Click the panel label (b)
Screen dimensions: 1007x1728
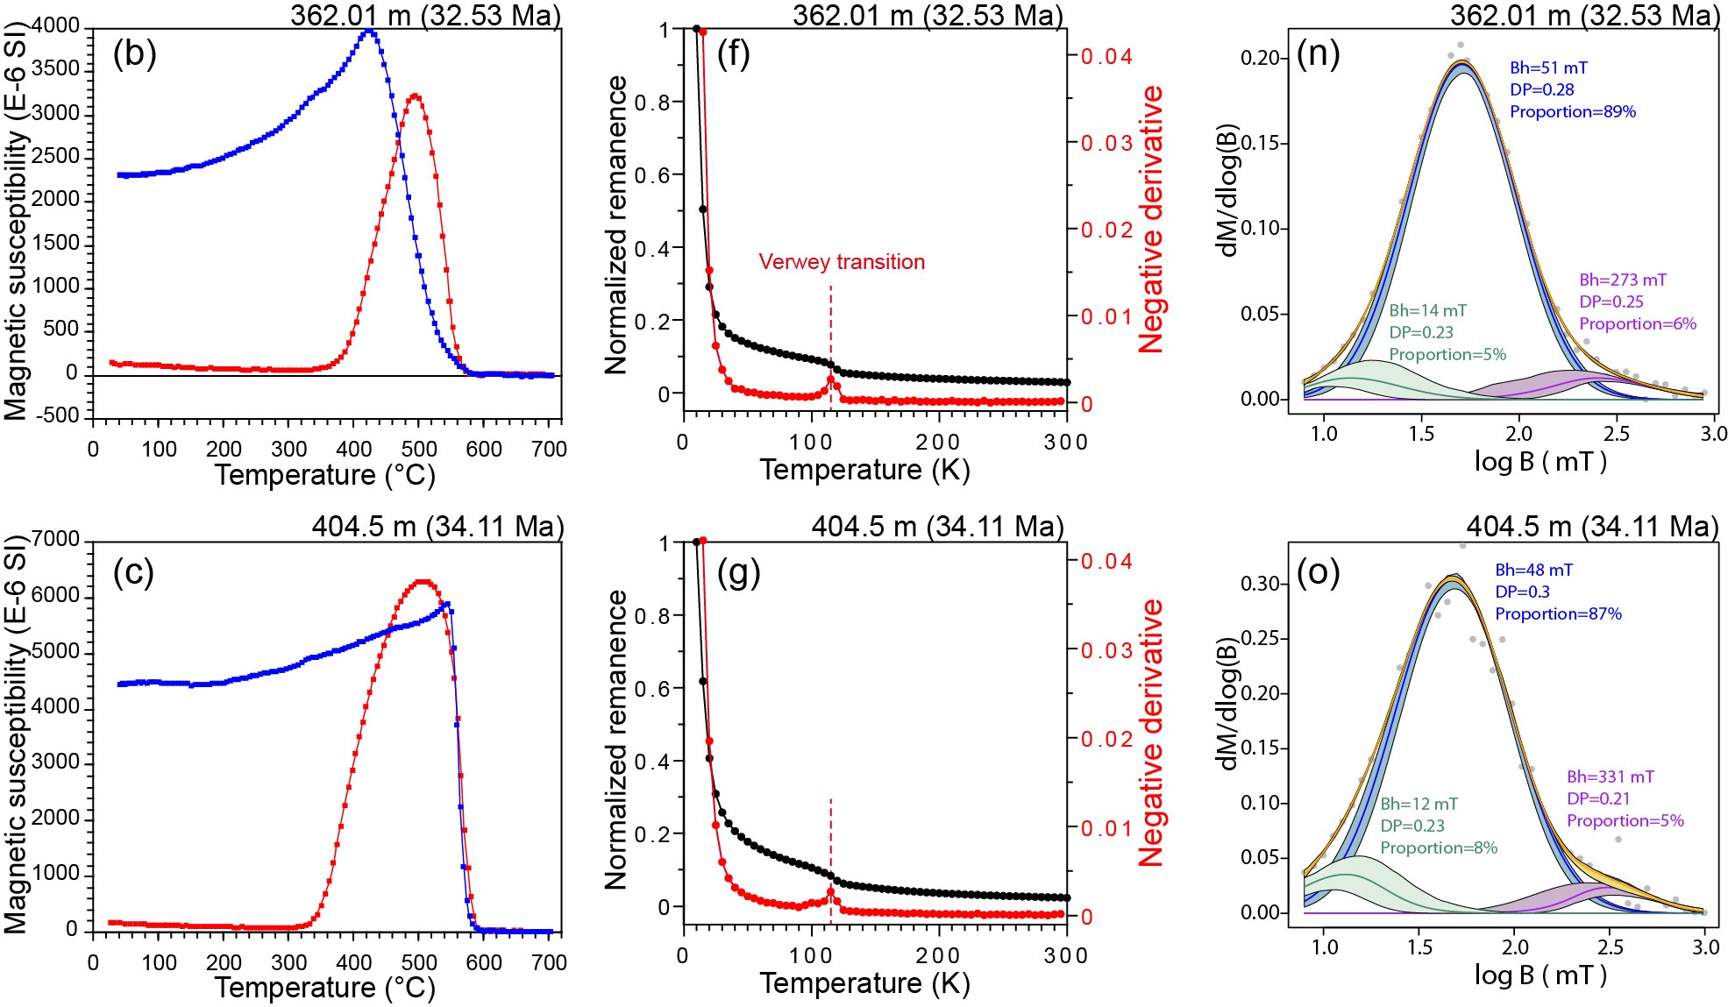(134, 54)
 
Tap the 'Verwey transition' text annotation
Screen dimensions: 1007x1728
(842, 262)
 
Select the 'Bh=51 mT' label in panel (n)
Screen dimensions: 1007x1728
(1548, 67)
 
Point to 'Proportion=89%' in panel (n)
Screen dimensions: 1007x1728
(1573, 112)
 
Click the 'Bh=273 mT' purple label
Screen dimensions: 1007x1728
(1623, 280)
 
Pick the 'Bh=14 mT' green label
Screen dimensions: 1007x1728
(1427, 311)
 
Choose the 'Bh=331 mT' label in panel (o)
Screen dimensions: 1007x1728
(1611, 777)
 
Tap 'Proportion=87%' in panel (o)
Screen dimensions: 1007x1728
(1558, 614)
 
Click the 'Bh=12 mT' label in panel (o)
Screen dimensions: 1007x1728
(1419, 804)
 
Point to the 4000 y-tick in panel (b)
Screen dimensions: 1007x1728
(59, 26)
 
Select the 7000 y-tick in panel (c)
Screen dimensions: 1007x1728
(59, 540)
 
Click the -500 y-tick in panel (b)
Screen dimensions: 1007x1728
(57, 415)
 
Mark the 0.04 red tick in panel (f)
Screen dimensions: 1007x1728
(1106, 57)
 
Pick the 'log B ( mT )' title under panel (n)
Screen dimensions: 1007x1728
(1540, 461)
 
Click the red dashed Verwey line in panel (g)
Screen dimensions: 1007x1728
(830, 841)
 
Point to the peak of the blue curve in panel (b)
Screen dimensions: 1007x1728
(370, 32)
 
